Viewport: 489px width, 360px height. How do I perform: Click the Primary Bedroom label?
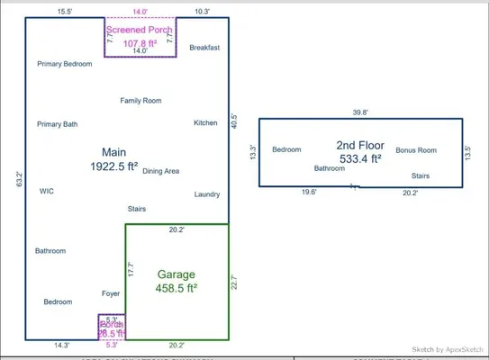(x=65, y=64)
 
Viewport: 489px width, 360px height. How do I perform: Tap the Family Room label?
(x=140, y=100)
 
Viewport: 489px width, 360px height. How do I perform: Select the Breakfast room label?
(x=205, y=47)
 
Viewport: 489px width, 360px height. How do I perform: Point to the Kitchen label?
(x=205, y=122)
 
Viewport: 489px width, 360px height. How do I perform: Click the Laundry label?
(x=207, y=194)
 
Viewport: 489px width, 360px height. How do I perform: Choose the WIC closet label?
(x=47, y=191)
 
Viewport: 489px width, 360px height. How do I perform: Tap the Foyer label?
(x=111, y=293)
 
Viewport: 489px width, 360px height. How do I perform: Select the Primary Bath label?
(x=57, y=124)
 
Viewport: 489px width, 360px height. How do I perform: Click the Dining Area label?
(x=161, y=171)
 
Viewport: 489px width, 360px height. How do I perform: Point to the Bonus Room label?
(x=416, y=149)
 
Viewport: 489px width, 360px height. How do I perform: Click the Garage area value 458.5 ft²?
(x=177, y=289)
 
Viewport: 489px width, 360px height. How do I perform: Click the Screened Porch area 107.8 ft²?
(x=140, y=42)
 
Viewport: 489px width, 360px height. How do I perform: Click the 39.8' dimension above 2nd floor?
(x=359, y=112)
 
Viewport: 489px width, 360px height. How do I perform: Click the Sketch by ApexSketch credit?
(x=447, y=349)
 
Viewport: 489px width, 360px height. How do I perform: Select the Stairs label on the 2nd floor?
(x=421, y=175)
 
